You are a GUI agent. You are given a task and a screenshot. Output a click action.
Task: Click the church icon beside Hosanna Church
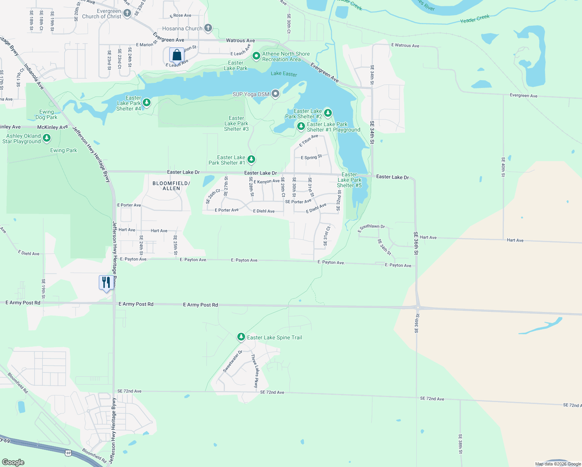coord(208,28)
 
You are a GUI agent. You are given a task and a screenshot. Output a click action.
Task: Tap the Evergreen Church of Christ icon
coord(127,14)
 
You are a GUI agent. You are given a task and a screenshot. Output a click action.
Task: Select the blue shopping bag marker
coord(177,55)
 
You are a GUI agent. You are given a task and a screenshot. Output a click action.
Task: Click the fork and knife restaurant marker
coord(106,282)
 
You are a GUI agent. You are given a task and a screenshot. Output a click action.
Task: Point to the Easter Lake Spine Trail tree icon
coord(241,337)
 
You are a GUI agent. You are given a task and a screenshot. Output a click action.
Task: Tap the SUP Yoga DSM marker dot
coord(275,94)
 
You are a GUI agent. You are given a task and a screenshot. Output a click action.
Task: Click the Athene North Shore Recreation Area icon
coord(256,56)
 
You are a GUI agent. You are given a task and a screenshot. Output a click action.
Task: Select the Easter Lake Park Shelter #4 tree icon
coord(147,103)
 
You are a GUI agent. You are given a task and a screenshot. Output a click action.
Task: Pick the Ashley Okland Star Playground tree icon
coord(47,138)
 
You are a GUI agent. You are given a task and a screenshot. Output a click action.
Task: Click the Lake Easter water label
coord(284,74)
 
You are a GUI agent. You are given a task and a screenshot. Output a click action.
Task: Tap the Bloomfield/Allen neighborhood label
coord(171,186)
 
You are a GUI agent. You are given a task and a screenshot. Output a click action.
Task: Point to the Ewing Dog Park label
coord(46,114)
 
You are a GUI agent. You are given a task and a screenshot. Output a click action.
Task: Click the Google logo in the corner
coord(13,462)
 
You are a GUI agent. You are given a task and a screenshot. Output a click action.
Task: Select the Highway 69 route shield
coord(68,453)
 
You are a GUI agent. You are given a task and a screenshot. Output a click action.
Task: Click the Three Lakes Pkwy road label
coord(255,370)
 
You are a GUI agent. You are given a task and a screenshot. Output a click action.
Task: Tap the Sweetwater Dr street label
coord(232,362)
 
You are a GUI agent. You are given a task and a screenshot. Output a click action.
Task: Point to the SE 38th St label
coord(460,444)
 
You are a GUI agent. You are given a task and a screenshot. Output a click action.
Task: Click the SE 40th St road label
coord(503,167)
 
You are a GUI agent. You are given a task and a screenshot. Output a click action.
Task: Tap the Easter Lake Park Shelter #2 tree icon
coord(328,113)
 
